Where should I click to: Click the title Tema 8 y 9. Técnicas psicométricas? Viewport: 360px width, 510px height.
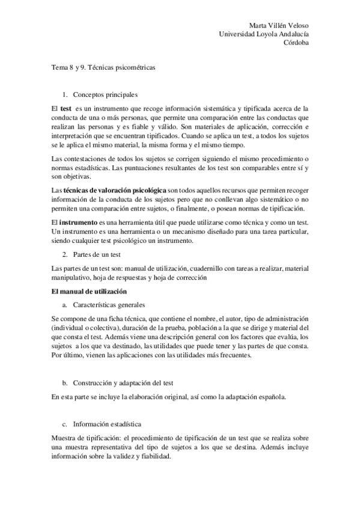click(103, 69)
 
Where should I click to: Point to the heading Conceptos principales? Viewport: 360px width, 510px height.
click(105, 95)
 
